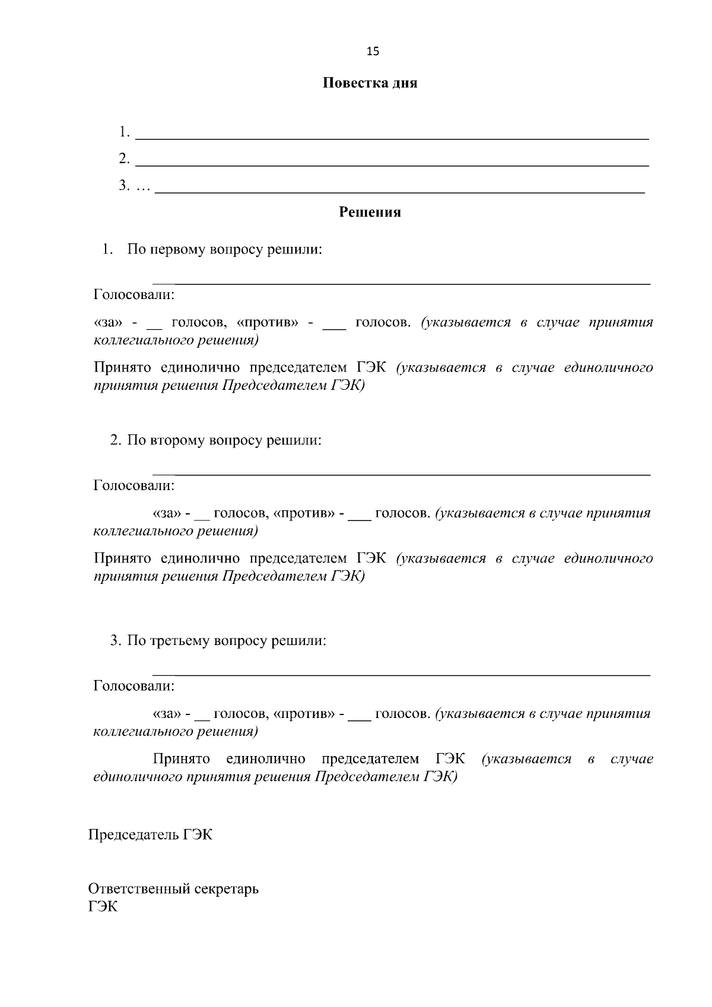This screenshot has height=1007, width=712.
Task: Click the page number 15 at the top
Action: [373, 51]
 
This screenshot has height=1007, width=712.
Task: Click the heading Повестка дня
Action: [370, 83]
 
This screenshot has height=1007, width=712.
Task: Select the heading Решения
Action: [370, 212]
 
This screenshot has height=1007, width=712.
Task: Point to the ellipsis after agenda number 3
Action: [143, 188]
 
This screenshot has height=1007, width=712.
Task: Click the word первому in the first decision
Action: [176, 250]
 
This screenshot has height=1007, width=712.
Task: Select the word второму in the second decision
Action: [176, 441]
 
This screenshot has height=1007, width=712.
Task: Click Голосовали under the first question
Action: [134, 294]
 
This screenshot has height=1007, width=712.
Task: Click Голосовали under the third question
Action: [134, 687]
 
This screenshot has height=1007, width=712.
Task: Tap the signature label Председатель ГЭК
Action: [150, 835]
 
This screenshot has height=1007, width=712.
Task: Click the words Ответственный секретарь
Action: [173, 889]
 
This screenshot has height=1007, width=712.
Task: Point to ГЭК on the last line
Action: [103, 907]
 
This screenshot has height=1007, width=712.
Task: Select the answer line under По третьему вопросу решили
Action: [401, 675]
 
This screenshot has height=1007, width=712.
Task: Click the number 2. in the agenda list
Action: [124, 159]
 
